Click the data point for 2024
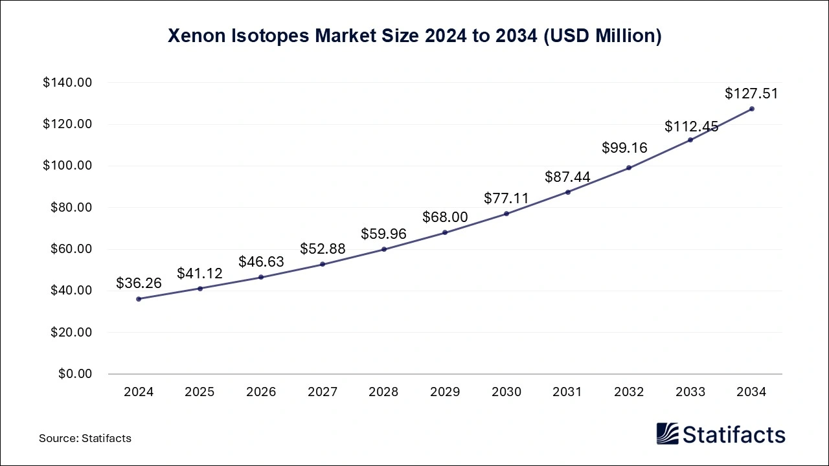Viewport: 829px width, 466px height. [x=139, y=298]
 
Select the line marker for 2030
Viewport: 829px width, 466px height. [x=506, y=214]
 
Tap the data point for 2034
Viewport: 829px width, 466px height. [x=751, y=109]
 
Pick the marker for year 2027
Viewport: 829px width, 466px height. [x=323, y=264]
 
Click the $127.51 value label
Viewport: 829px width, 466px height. [x=751, y=94]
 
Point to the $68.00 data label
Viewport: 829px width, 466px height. [x=445, y=217]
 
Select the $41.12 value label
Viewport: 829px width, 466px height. [x=199, y=273]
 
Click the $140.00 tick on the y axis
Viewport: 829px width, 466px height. [x=67, y=83]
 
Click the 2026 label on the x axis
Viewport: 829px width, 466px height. [x=261, y=392]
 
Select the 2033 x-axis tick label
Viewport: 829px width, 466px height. [x=690, y=392]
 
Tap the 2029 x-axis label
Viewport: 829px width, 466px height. [x=445, y=392]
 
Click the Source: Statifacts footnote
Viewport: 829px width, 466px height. [x=85, y=438]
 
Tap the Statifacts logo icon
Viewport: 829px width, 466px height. [x=667, y=434]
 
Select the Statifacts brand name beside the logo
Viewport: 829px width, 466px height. [x=734, y=434]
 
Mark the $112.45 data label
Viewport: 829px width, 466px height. [x=691, y=127]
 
